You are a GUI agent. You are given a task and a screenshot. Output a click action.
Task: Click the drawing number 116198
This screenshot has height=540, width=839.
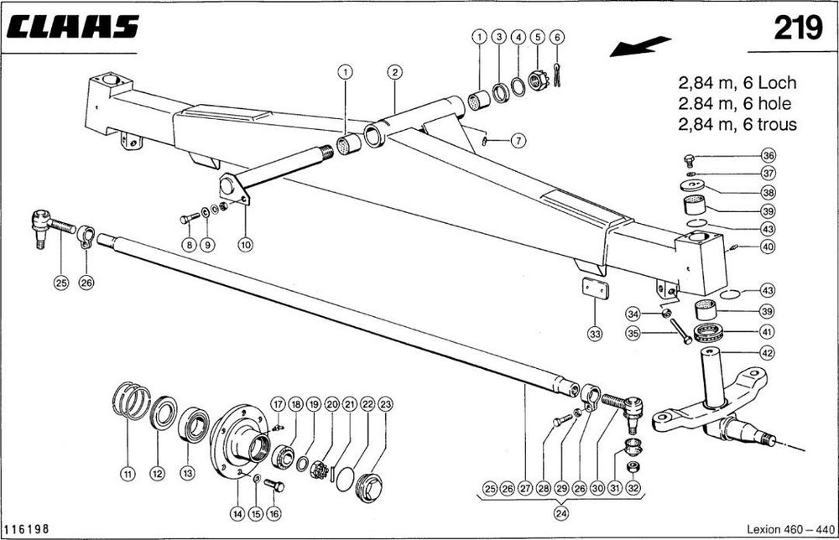pos(27,530)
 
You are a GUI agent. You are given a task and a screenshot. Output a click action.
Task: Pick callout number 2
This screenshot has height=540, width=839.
pos(393,72)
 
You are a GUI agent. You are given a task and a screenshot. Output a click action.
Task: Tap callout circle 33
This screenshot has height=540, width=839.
pos(595,335)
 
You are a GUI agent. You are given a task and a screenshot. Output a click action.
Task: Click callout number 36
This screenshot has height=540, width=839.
pos(769,156)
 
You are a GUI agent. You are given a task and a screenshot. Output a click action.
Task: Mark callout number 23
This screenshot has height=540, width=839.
pos(385,404)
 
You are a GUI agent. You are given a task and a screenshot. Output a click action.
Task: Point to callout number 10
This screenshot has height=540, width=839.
pos(245,245)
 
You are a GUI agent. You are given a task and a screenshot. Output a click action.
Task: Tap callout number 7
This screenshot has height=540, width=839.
pos(518,141)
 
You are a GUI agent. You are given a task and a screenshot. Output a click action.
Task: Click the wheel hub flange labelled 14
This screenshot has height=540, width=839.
pos(234,436)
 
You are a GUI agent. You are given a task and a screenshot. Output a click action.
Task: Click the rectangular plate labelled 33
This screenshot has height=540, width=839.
pos(596,288)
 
